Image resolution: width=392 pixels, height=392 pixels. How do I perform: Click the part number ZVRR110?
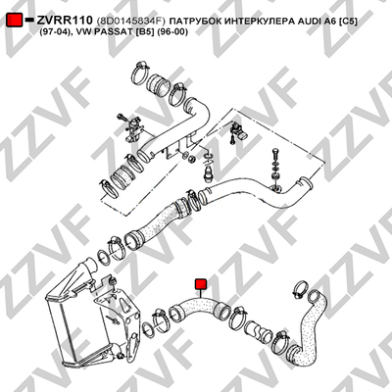click(65, 21)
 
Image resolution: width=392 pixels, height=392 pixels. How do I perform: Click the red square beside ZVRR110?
click(15, 20)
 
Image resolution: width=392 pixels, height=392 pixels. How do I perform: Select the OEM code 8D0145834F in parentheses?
click(131, 22)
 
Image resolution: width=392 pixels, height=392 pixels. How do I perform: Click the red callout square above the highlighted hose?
click(200, 284)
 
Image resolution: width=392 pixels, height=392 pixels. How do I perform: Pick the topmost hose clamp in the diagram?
click(140, 72)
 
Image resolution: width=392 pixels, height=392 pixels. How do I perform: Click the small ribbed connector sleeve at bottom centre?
click(258, 331)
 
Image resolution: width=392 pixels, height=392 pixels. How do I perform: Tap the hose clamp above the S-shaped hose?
click(300, 289)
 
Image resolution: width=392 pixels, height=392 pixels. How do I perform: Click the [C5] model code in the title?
click(348, 22)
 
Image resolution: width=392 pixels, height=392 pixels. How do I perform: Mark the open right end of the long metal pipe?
click(307, 183)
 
